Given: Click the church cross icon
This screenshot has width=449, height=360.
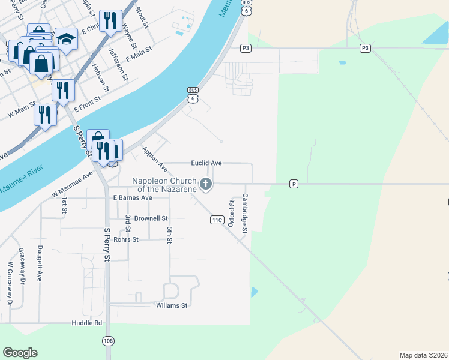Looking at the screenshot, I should pyautogui.click(x=206, y=184).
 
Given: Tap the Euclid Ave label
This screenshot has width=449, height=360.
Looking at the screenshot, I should pyautogui.click(x=206, y=163).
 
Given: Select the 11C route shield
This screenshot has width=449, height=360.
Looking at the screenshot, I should pyautogui.click(x=217, y=220).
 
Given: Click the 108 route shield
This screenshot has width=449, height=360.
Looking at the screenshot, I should pyautogui.click(x=107, y=341).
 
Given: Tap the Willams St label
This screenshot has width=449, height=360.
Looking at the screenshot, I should pyautogui.click(x=172, y=305).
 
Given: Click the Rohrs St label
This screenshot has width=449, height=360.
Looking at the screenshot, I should pyautogui.click(x=126, y=239).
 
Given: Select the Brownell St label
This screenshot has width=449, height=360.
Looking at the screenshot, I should pyautogui.click(x=151, y=218).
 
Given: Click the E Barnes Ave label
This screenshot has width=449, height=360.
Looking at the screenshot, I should pyautogui.click(x=132, y=197).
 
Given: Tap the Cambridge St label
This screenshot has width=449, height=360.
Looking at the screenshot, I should pyautogui.click(x=244, y=213).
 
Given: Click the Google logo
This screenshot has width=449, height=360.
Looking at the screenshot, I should pyautogui.click(x=20, y=353).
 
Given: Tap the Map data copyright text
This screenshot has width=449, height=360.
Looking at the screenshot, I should pyautogui.click(x=424, y=355).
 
